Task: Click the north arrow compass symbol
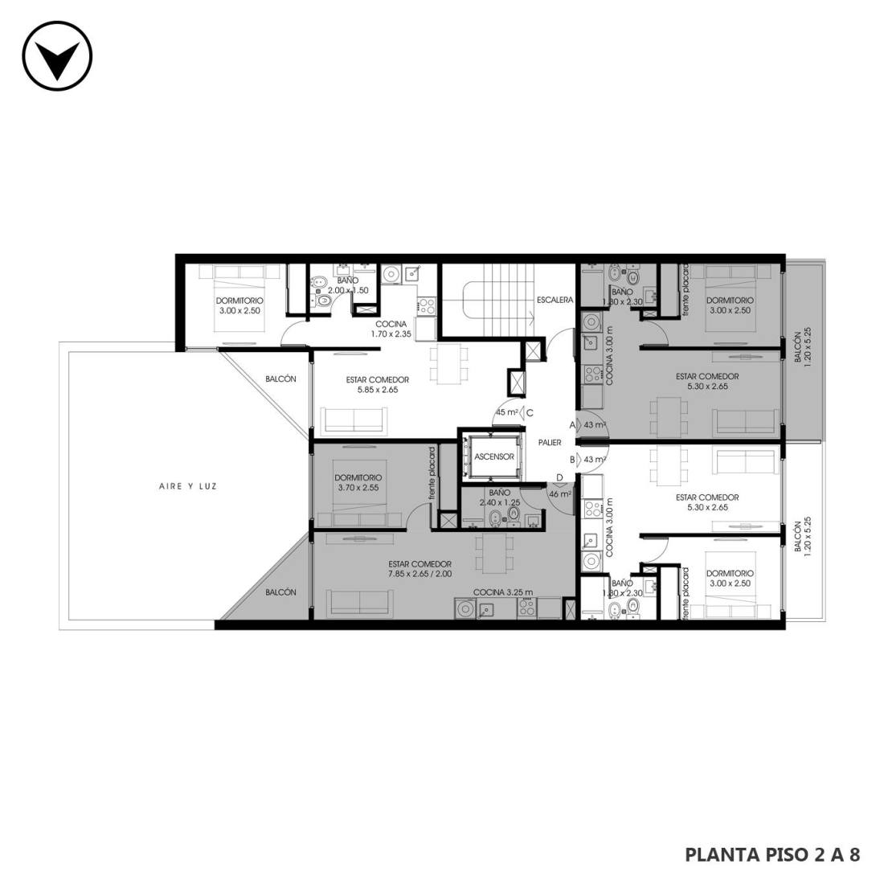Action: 57,55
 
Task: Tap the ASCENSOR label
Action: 494,456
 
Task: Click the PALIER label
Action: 549,443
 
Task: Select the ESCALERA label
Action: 555,300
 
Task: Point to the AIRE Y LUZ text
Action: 188,486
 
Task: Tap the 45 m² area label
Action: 507,412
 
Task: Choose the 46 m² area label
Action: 560,494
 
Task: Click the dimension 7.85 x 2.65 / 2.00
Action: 419,574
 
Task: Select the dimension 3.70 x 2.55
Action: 358,488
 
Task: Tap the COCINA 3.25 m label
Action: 503,592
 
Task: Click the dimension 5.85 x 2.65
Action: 377,390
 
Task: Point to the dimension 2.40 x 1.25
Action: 500,502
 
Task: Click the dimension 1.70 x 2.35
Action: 391,334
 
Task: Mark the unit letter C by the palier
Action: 530,413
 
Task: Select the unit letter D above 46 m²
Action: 559,478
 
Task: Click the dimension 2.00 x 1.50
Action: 348,290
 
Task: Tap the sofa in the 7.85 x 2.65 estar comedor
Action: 361,604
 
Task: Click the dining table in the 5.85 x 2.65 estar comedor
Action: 448,366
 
